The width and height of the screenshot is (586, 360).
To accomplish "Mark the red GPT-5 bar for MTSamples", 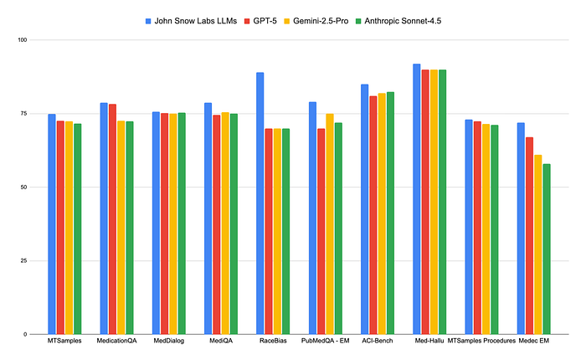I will pos(60,227).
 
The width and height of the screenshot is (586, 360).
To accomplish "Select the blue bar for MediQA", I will pos(208,219).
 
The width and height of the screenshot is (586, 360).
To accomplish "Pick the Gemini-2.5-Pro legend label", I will pos(321,19).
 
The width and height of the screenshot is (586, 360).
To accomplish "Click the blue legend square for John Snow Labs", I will pos(149,19).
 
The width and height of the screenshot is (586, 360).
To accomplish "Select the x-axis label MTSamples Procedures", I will pos(481,341).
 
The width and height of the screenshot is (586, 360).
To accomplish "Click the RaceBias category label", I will pos(273,341).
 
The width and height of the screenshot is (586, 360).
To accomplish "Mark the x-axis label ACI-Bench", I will pos(377,341).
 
